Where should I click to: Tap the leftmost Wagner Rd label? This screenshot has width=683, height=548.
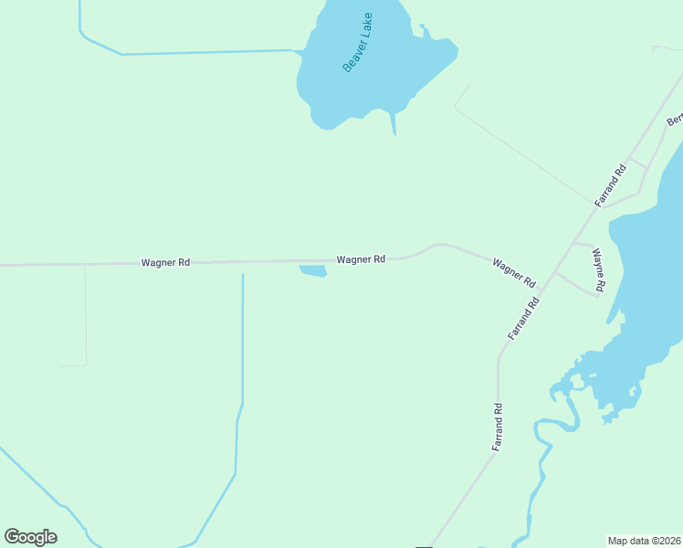click(x=165, y=263)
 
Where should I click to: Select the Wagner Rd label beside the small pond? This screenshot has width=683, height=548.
click(x=361, y=259)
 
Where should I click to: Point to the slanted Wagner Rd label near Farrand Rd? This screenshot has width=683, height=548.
click(x=513, y=273)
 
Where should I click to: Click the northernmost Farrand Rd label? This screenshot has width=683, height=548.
click(x=611, y=183)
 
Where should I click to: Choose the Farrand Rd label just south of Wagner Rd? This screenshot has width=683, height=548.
click(x=525, y=318)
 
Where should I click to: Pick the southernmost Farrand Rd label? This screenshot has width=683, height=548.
click(x=498, y=427)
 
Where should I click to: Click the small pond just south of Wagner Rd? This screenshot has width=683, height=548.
click(x=313, y=271)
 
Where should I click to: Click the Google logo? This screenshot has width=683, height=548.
click(x=31, y=537)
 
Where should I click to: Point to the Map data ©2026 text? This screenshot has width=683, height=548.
click(x=644, y=541)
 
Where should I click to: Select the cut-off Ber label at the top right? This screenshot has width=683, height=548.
click(x=675, y=120)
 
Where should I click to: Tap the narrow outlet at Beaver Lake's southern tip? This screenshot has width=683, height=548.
click(x=394, y=124)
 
